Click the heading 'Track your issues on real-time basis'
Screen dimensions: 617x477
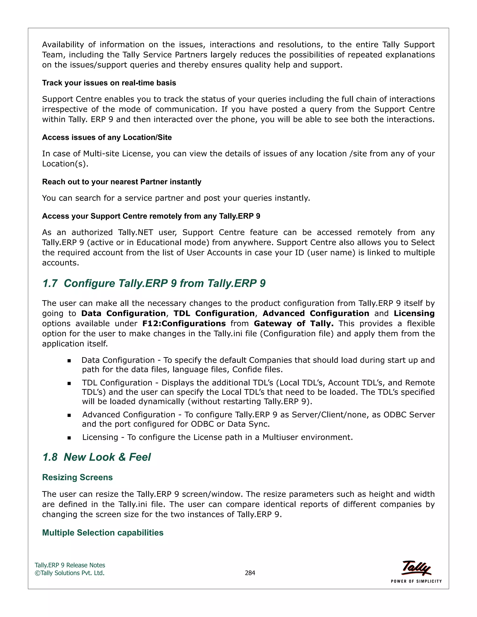pos(109,83)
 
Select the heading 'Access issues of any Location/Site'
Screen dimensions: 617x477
pos(107,137)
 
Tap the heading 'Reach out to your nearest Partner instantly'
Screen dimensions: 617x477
pos(122,182)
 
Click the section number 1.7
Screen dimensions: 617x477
pos(50,283)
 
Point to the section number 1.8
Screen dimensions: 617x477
pos(50,457)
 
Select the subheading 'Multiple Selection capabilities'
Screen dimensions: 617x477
pos(102,532)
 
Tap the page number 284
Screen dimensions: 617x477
pos(250,573)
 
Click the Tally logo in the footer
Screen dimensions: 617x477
pos(416,568)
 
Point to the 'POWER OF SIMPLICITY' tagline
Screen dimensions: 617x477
pos(416,581)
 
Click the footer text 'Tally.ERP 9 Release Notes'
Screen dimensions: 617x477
pos(70,565)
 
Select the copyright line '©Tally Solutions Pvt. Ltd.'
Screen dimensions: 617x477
pos(69,573)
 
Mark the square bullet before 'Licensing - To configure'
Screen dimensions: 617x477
pos(69,438)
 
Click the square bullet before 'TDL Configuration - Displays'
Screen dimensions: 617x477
pos(69,383)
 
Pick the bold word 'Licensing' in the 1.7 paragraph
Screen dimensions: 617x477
pos(414,313)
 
